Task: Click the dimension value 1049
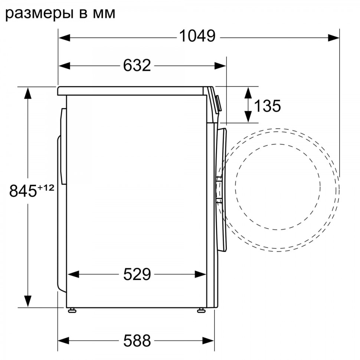tap(197, 36)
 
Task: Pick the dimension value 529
tap(137, 274)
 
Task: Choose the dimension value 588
tap(137, 340)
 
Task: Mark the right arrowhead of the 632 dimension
tap(220, 66)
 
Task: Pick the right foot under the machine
tap(201, 310)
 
